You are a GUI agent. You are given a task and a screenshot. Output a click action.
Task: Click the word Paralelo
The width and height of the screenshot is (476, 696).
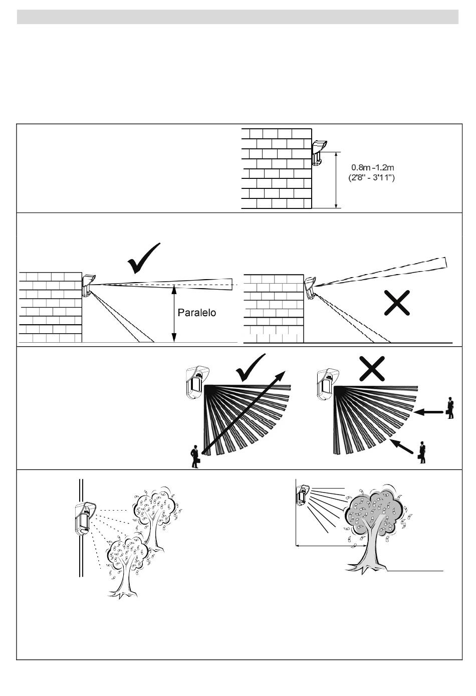click(197, 313)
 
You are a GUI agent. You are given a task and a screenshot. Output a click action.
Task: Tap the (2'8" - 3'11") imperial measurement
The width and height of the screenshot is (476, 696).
click(371, 177)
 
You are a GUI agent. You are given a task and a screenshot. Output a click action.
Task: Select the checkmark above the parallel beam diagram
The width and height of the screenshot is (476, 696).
click(144, 259)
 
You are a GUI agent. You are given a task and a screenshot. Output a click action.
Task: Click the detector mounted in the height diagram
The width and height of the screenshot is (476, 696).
click(318, 152)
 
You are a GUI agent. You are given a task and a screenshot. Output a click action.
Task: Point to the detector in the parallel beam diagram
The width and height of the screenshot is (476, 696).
click(88, 285)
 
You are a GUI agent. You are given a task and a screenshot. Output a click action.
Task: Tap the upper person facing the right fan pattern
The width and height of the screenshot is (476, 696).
click(450, 408)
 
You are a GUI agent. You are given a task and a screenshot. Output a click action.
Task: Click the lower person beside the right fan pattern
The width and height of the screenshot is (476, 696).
click(423, 452)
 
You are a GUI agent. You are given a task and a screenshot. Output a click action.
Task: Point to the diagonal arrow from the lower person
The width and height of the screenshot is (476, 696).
click(404, 446)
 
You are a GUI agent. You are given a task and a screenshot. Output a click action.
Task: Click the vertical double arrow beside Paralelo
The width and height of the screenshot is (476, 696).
click(173, 314)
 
